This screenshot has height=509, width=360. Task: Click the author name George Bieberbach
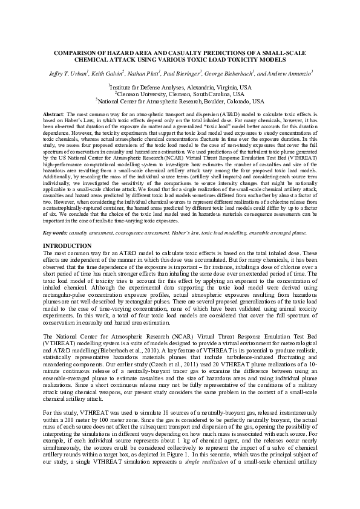click(235, 73)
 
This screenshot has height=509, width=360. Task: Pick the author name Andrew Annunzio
click(287, 73)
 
